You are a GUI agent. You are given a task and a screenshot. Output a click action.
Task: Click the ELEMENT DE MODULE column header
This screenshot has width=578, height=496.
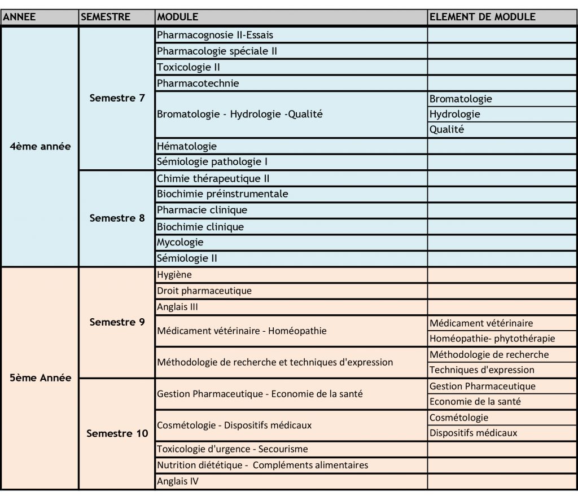pos(482,17)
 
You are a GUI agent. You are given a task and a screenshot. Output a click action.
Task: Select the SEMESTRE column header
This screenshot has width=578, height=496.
pos(106,17)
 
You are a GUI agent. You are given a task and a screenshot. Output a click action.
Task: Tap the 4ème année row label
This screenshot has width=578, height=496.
pos(41,146)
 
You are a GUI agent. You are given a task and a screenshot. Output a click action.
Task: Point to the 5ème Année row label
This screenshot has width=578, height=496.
pos(41,378)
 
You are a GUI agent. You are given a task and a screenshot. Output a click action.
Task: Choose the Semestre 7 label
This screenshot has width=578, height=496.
pos(117,98)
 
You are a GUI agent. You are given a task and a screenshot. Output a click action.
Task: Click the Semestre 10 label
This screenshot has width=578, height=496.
pos(117,433)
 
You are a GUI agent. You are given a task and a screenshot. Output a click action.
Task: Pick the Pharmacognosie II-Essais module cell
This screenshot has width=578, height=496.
pos(215,35)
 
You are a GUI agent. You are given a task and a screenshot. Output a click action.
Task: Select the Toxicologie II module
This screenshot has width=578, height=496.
pos(189,67)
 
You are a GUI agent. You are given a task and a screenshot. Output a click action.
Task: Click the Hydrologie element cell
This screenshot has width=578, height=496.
pos(455,114)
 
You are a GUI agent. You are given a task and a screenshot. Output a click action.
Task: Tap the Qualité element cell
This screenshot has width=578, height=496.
pos(446,129)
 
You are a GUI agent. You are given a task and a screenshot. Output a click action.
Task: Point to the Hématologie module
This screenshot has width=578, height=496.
pos(187,146)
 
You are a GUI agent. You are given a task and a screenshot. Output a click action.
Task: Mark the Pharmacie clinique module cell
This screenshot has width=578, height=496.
pos(202,210)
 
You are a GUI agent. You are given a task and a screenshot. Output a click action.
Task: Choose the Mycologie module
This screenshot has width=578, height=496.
pos(180,242)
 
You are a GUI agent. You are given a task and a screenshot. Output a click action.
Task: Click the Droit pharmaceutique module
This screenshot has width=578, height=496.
pos(204,291)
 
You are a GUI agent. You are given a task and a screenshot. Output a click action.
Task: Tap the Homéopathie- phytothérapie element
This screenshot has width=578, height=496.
pos(492,339)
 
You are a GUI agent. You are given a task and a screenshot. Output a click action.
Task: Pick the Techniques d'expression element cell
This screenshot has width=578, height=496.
pos(481,370)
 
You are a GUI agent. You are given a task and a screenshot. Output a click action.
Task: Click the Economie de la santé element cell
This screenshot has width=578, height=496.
pos(475,402)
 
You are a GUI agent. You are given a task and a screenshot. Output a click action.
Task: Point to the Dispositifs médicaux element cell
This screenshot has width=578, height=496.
pos(473,433)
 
